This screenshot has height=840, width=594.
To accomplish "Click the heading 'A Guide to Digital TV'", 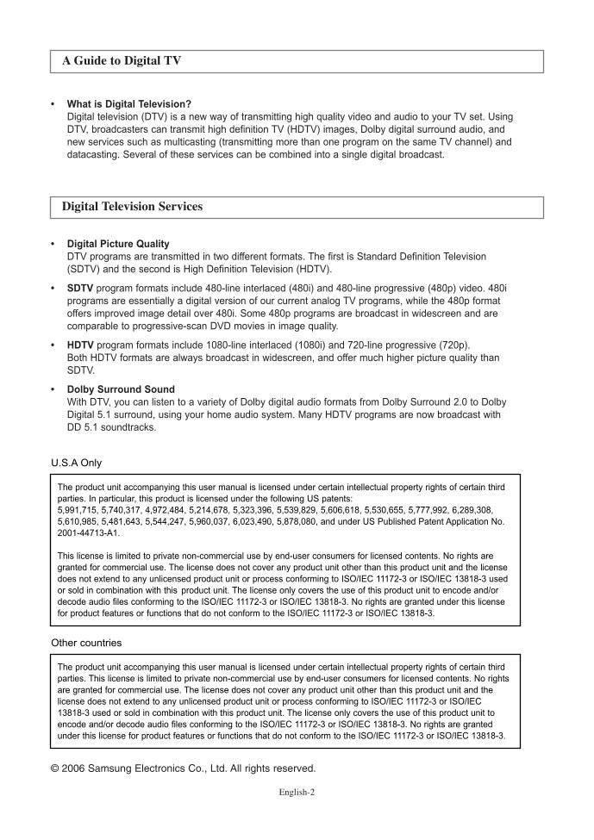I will (x=121, y=61).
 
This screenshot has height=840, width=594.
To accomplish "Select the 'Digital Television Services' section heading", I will (x=132, y=207).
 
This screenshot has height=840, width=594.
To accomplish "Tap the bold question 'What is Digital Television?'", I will (x=128, y=104).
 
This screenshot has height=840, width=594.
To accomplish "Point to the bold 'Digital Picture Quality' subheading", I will (x=118, y=244).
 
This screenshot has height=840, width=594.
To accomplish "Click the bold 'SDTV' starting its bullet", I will (x=80, y=288).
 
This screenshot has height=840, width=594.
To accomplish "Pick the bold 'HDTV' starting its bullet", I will (x=80, y=345).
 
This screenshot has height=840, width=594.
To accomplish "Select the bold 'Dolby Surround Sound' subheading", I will (x=121, y=389).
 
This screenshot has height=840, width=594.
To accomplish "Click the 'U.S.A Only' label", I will (x=76, y=463).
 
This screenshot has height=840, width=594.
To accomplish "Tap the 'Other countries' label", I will (x=86, y=643).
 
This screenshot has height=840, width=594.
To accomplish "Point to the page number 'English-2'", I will (x=297, y=792).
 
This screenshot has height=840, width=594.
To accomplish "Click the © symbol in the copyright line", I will (x=56, y=768).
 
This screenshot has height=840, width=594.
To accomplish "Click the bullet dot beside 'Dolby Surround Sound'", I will (x=53, y=389).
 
